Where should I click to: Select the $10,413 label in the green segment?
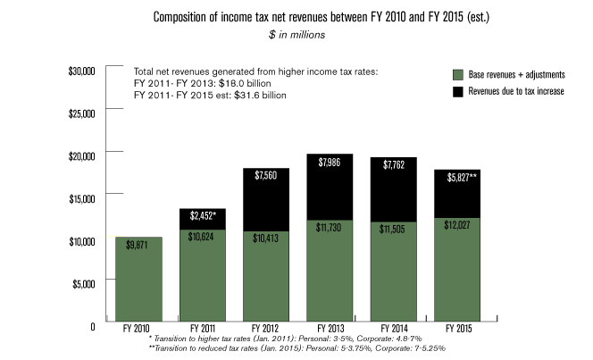(x=265, y=239)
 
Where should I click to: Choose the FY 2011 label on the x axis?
(x=201, y=329)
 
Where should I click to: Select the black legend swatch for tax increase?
(x=455, y=91)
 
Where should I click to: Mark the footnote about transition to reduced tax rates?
(x=296, y=347)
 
